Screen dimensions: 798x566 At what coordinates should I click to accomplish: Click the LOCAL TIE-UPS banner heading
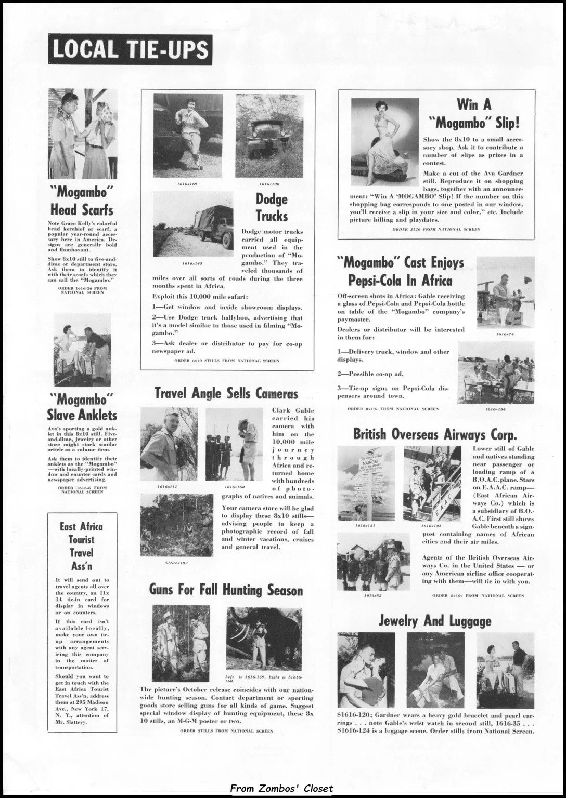click(x=130, y=50)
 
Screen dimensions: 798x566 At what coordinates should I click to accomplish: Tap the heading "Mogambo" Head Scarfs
click(x=82, y=201)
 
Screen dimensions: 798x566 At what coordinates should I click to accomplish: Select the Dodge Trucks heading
click(x=272, y=207)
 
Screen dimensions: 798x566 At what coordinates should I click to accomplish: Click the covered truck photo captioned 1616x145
click(x=193, y=224)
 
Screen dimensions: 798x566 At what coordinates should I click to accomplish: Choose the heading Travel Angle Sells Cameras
click(x=226, y=394)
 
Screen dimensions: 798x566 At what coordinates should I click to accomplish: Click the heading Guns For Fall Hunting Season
click(x=226, y=590)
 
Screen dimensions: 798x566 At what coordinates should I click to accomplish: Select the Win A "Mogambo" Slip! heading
click(x=474, y=114)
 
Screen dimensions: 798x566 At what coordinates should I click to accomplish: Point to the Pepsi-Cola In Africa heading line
click(x=400, y=281)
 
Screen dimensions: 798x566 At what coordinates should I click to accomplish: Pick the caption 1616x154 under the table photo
click(x=495, y=409)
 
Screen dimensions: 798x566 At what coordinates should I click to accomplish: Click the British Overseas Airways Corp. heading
click(x=435, y=434)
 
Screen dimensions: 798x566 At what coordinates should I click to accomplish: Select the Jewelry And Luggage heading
click(x=435, y=620)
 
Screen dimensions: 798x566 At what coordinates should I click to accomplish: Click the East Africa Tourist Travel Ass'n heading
click(x=82, y=546)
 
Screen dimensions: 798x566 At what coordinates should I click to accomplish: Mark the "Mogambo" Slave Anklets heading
click(x=82, y=407)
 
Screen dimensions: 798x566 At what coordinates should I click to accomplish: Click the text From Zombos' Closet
click(x=281, y=789)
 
